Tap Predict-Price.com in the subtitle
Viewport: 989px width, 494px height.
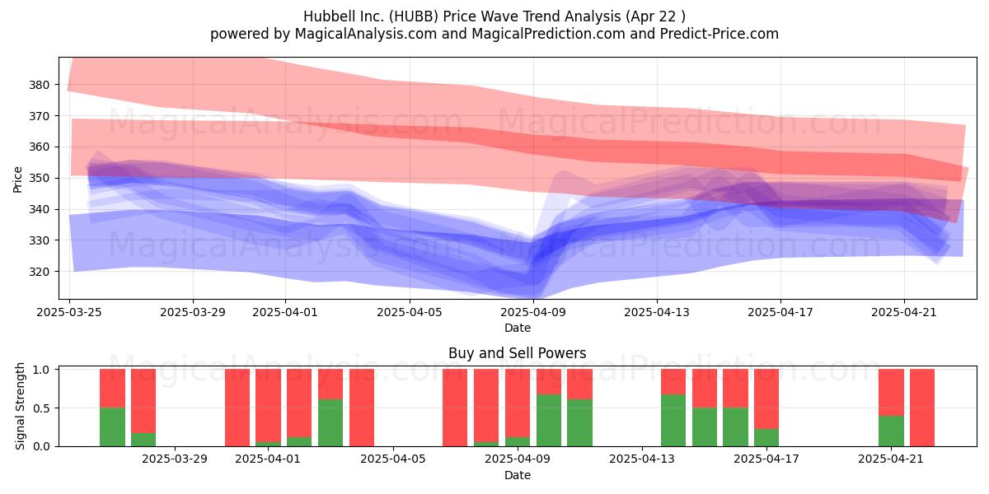click(x=719, y=34)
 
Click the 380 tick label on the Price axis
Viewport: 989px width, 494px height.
click(x=39, y=85)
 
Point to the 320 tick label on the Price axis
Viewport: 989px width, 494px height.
click(x=39, y=272)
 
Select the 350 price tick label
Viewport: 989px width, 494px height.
click(x=39, y=178)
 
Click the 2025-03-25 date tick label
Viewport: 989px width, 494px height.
click(x=69, y=312)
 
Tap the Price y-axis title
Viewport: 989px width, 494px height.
click(x=17, y=179)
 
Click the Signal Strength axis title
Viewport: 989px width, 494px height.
click(x=20, y=406)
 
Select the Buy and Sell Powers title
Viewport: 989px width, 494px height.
click(x=517, y=353)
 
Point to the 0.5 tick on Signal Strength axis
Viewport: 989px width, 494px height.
click(x=43, y=408)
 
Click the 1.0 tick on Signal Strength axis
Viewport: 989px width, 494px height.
click(x=43, y=369)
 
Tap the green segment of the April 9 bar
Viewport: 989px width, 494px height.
click(x=518, y=441)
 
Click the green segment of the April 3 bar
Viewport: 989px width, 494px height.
click(x=330, y=422)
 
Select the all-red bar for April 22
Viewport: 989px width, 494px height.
click(x=922, y=408)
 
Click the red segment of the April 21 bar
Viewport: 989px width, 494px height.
click(x=891, y=392)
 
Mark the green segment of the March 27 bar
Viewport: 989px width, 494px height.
click(x=143, y=440)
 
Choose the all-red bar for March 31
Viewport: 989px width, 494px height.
click(x=237, y=408)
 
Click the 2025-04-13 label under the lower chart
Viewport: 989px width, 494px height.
click(x=642, y=459)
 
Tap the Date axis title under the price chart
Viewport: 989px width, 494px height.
click(x=518, y=328)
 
